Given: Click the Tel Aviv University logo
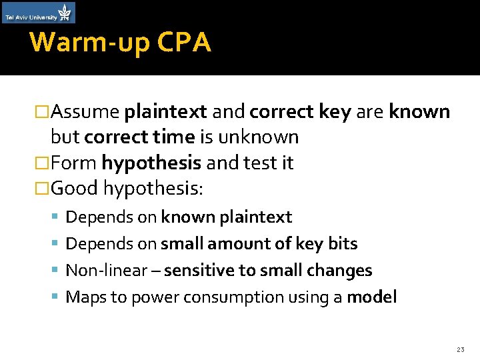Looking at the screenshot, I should tap(39, 13).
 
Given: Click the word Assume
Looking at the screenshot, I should tap(85, 111).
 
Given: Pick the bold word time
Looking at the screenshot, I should tap(173, 137).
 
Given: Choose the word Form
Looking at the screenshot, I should tap(73, 163).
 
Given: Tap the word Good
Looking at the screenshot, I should tap(74, 189).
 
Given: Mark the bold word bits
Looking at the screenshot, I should tap(343, 244).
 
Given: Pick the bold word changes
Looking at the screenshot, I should tap(344, 271).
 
